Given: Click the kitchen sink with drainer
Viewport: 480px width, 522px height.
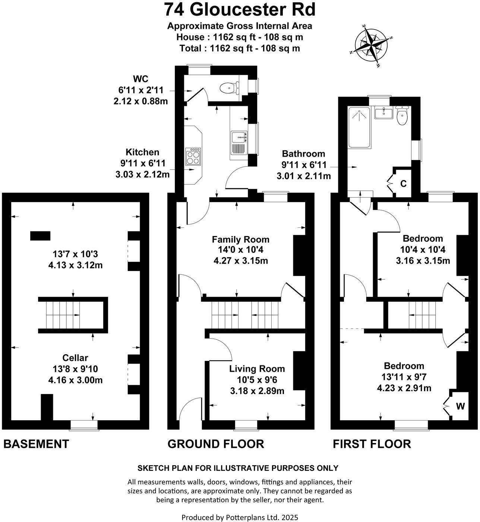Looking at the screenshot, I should pos(239,142).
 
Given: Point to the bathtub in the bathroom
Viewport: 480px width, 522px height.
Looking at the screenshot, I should pos(359,128).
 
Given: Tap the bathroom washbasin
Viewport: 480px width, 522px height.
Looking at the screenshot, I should pos(383,112).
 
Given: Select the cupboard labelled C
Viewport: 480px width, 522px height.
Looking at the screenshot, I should pos(403,183).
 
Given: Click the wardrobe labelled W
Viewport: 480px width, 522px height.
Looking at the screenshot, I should pos(460,406).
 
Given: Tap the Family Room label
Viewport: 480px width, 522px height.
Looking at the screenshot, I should pos(240,239).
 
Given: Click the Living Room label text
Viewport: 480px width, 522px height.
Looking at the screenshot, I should pos(257,369).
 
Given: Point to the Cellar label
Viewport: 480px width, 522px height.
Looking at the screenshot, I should pos(75,358).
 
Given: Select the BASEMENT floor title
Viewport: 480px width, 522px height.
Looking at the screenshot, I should pos(36,444).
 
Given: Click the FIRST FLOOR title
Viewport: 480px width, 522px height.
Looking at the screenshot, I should pos(372,444).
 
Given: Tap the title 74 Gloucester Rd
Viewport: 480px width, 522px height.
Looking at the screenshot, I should pos(240,10).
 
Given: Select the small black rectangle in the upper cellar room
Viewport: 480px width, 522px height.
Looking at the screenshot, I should pos(40,236).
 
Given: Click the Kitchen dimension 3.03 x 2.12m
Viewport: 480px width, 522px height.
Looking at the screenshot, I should pos(140,174).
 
